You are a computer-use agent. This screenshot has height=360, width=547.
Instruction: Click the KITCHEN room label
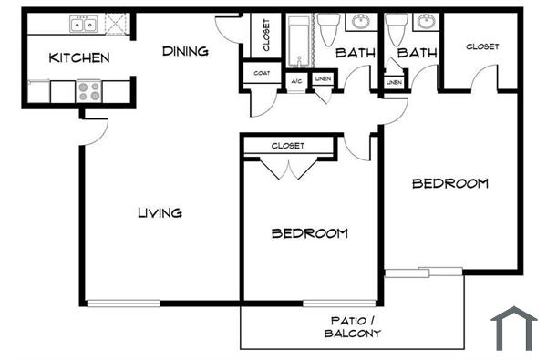click(79, 58)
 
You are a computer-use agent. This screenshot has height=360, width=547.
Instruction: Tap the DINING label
click(185, 51)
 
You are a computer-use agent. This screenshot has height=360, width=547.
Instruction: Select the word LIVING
click(160, 213)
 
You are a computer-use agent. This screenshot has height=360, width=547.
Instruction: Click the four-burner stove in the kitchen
click(89, 91)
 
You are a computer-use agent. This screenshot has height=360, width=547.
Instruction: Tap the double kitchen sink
click(84, 24)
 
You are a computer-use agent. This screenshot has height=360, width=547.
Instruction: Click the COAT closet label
click(262, 74)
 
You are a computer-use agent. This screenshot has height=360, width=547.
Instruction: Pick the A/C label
click(296, 81)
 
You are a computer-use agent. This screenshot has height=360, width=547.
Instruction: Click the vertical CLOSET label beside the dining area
click(265, 36)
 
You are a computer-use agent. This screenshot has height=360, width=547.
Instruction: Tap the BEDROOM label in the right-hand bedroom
click(449, 183)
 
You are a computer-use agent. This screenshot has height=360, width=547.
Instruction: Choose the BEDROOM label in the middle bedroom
click(310, 233)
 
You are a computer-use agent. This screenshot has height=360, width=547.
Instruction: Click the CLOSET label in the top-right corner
click(482, 46)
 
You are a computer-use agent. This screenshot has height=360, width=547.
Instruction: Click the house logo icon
click(514, 327)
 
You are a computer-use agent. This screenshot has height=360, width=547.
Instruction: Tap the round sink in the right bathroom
click(425, 23)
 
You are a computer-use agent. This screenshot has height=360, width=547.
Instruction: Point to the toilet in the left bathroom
click(329, 30)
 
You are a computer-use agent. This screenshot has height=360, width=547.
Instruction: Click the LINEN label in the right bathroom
click(394, 83)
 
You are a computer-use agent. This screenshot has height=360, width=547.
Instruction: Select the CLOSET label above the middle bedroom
click(288, 146)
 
